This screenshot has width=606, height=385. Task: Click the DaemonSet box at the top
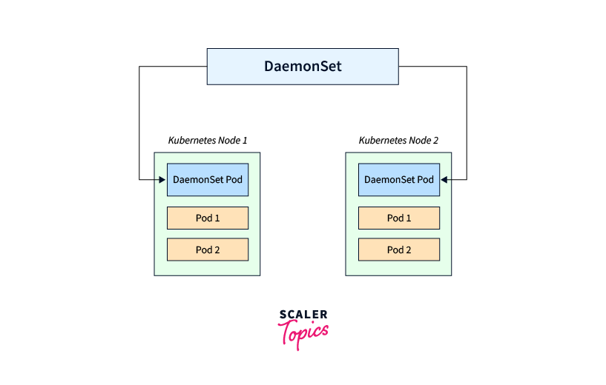click(x=303, y=66)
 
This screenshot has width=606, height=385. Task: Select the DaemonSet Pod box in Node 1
click(x=207, y=179)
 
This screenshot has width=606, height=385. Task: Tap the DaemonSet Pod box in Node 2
click(x=399, y=179)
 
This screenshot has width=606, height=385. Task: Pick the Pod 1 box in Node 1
click(x=207, y=218)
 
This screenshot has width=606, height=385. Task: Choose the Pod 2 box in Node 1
click(x=207, y=250)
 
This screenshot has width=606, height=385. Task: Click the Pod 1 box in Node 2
click(x=399, y=218)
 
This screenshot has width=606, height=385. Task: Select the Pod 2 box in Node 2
click(x=399, y=250)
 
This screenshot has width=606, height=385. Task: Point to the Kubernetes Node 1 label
click(x=208, y=140)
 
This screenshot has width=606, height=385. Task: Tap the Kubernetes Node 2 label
click(x=399, y=140)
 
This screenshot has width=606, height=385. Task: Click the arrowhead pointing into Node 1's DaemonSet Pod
click(x=162, y=179)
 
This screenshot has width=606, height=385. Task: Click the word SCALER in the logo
click(x=303, y=315)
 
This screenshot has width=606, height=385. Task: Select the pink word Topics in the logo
click(x=303, y=332)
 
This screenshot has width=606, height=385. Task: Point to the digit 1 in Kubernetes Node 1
click(x=245, y=140)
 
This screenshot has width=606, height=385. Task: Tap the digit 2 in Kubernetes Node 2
click(x=436, y=140)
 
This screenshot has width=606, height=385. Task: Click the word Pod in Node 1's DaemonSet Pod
click(x=234, y=179)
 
